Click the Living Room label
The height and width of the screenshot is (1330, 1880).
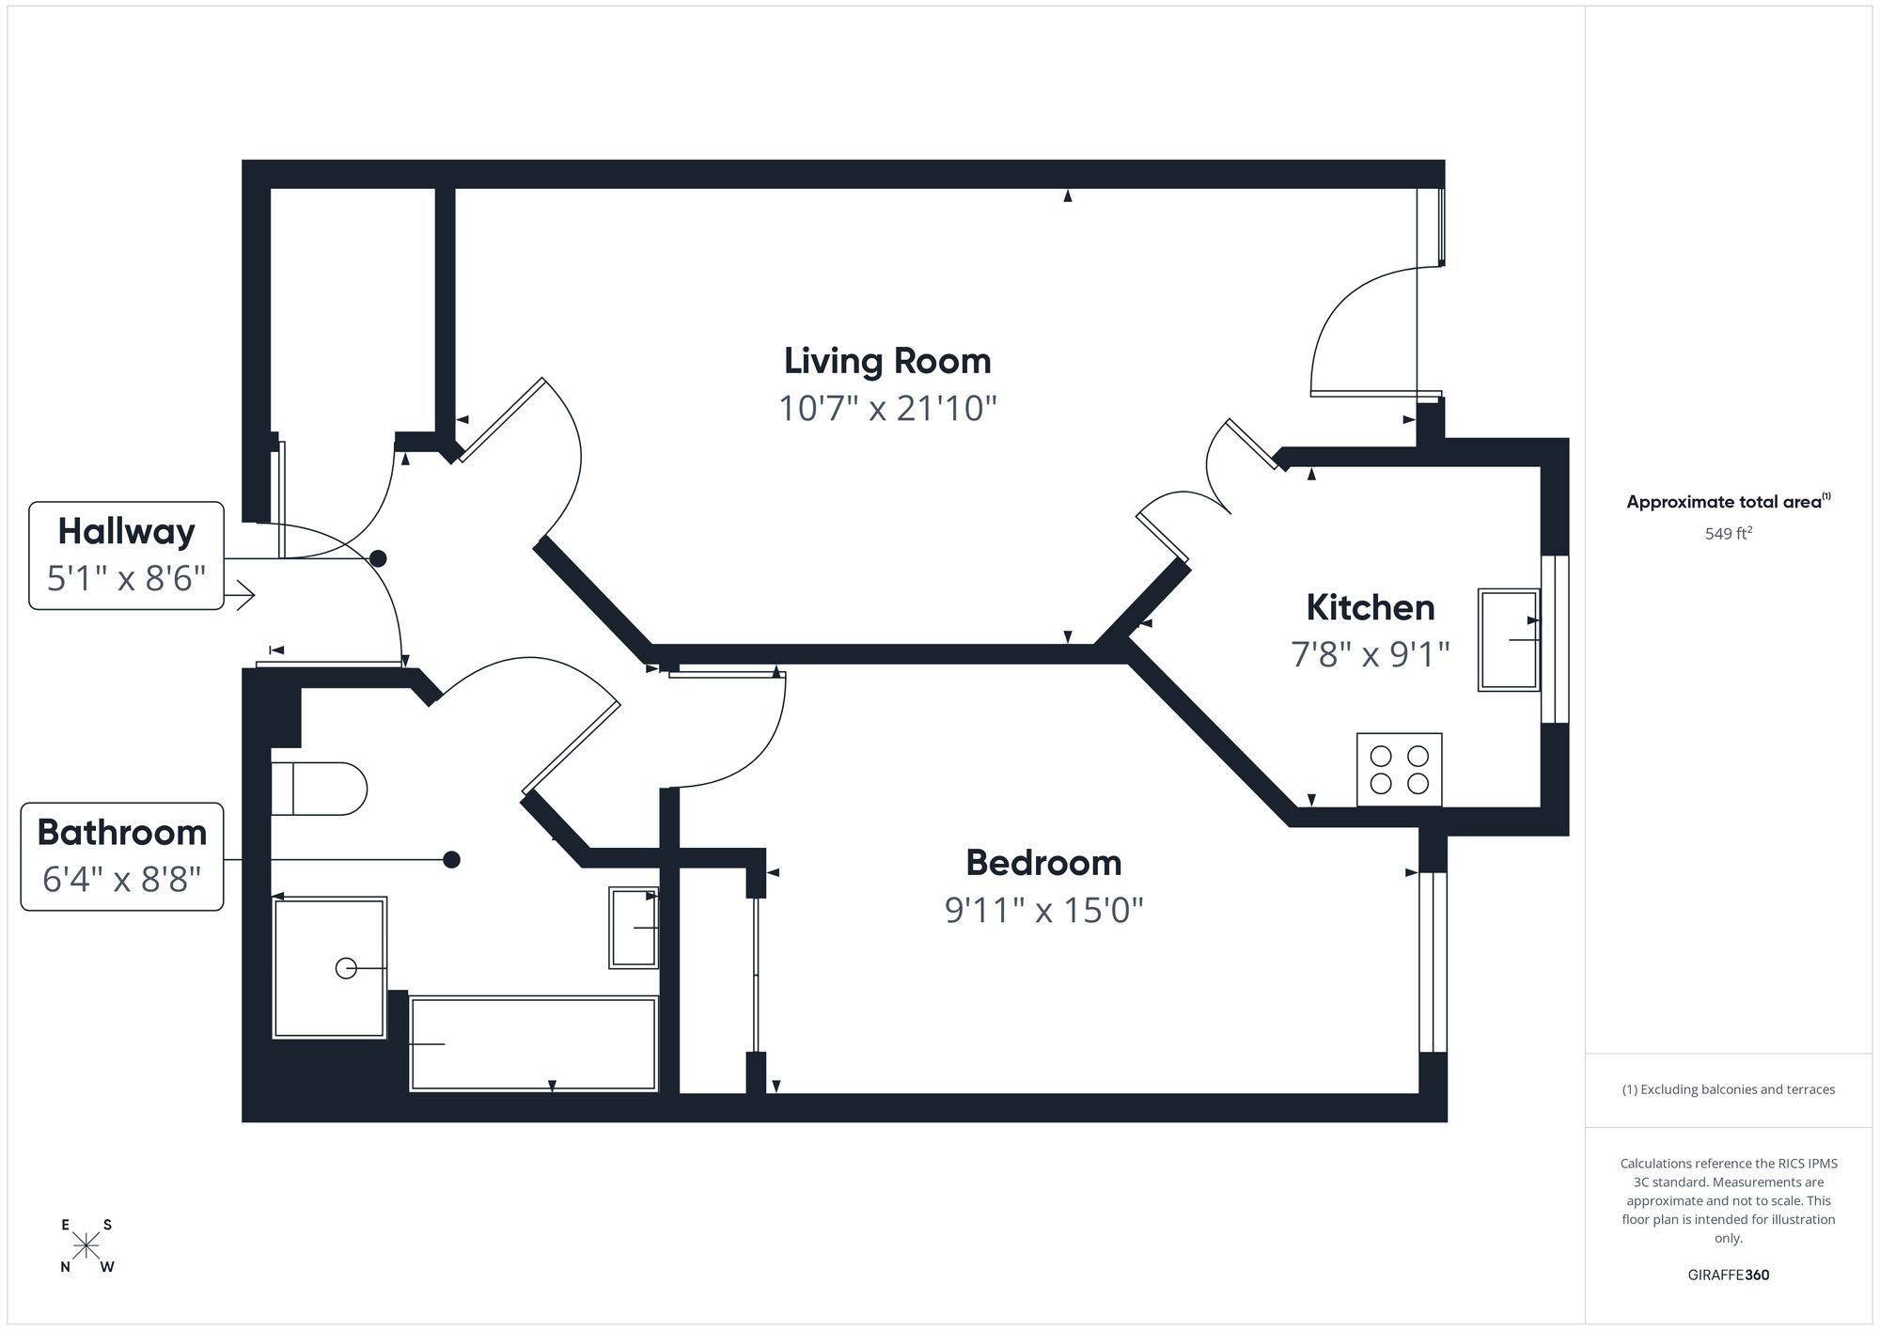(x=887, y=361)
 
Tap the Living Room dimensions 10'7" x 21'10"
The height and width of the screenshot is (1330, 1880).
(x=887, y=409)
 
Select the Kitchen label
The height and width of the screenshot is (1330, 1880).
(x=1370, y=608)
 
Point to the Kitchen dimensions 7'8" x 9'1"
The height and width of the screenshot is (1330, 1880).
(x=1370, y=654)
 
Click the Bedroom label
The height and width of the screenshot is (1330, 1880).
(x=1043, y=863)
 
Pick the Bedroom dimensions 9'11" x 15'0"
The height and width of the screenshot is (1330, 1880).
(x=1043, y=910)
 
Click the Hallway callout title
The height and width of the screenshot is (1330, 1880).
(x=126, y=532)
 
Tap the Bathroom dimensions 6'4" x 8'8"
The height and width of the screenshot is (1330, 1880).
(x=122, y=880)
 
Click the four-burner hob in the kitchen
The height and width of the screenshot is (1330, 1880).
(x=1399, y=770)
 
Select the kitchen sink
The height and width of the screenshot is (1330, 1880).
(x=1508, y=640)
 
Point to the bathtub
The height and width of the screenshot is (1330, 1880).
(x=533, y=1043)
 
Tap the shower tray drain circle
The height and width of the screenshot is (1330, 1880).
(x=346, y=968)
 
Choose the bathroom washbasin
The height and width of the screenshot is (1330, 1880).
(x=633, y=928)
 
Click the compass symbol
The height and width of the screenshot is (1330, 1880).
(x=86, y=1246)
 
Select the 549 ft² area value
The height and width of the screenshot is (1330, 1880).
(x=1728, y=534)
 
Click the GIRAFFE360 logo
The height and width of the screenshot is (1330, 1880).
(x=1728, y=1275)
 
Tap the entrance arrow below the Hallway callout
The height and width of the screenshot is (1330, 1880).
(x=243, y=595)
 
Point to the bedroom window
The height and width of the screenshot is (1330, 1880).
(x=1432, y=962)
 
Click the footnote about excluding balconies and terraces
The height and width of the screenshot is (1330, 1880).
(x=1728, y=1089)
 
